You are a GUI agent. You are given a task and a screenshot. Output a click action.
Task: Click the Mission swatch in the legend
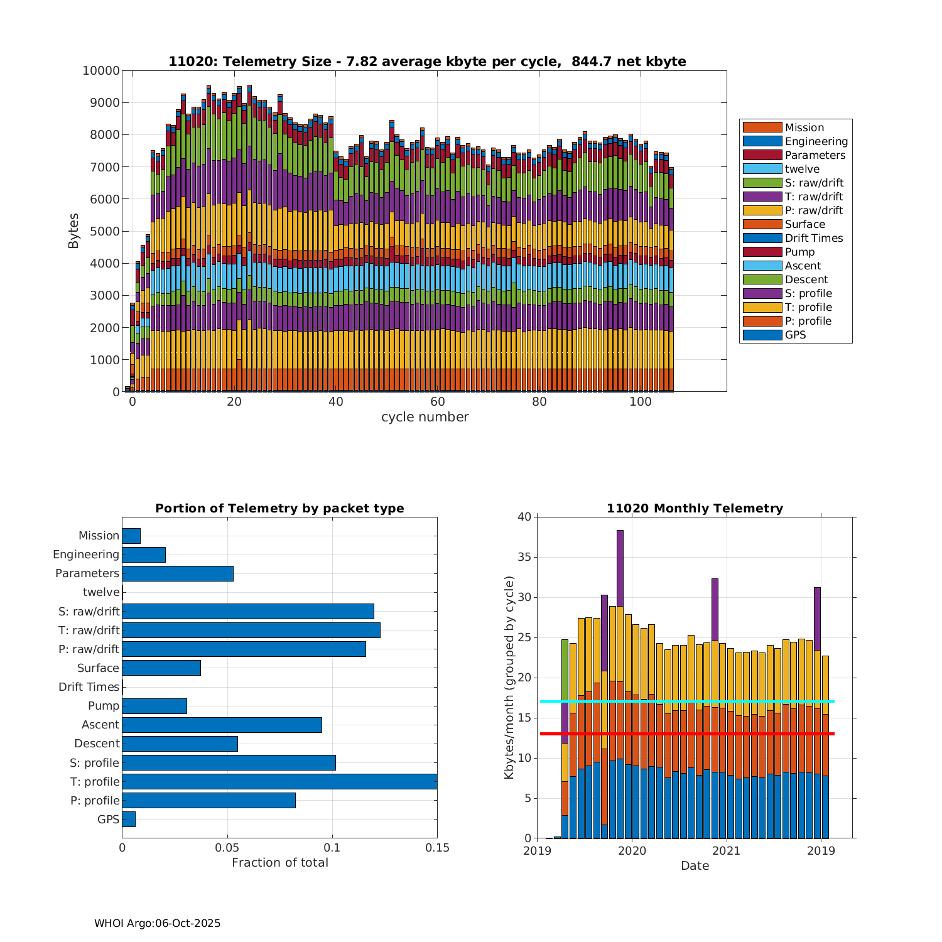762,127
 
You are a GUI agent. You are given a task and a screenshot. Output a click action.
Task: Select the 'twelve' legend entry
802,169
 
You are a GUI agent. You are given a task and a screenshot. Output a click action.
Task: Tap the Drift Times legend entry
813,238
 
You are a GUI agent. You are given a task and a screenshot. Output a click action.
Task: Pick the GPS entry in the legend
795,335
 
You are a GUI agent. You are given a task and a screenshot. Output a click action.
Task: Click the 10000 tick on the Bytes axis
101,70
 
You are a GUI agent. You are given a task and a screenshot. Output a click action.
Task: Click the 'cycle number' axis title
425,417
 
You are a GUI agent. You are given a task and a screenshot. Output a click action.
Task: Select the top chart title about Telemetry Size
427,62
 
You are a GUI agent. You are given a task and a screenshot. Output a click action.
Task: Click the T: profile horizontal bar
279,781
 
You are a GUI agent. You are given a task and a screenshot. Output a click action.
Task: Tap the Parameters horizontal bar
178,573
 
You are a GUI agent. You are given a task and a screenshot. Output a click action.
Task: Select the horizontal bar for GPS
129,819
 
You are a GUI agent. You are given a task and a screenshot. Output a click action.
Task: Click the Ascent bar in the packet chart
222,725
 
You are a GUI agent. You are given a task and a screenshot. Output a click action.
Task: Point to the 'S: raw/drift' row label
89,611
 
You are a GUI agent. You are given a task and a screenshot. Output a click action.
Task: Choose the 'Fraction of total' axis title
279,863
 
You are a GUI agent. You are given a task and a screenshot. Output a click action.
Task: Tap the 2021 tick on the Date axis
727,851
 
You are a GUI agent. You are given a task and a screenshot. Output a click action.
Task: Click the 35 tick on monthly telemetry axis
524,557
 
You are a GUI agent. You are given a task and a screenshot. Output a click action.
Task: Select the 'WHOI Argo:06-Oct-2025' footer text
157,923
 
